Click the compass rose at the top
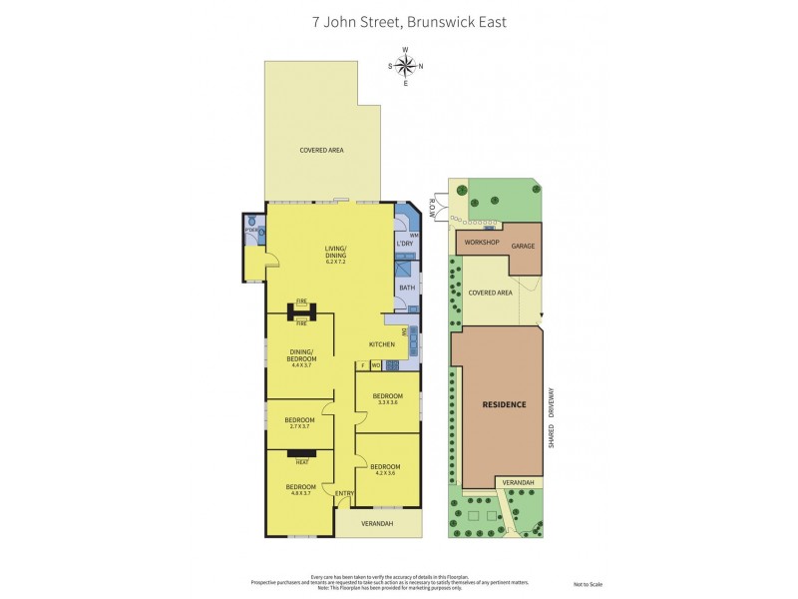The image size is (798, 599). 405,66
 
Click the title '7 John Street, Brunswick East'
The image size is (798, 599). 399,20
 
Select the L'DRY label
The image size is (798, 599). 405,244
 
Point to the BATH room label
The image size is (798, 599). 406,288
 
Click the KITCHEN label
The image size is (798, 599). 382,344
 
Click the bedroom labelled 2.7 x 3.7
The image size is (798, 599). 299,422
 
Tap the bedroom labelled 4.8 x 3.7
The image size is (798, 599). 299,489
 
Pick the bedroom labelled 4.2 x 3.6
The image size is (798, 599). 385,469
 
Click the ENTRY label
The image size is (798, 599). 344,492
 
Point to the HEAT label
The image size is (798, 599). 300,460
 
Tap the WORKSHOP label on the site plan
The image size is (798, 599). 482,243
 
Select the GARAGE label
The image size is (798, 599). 523,245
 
